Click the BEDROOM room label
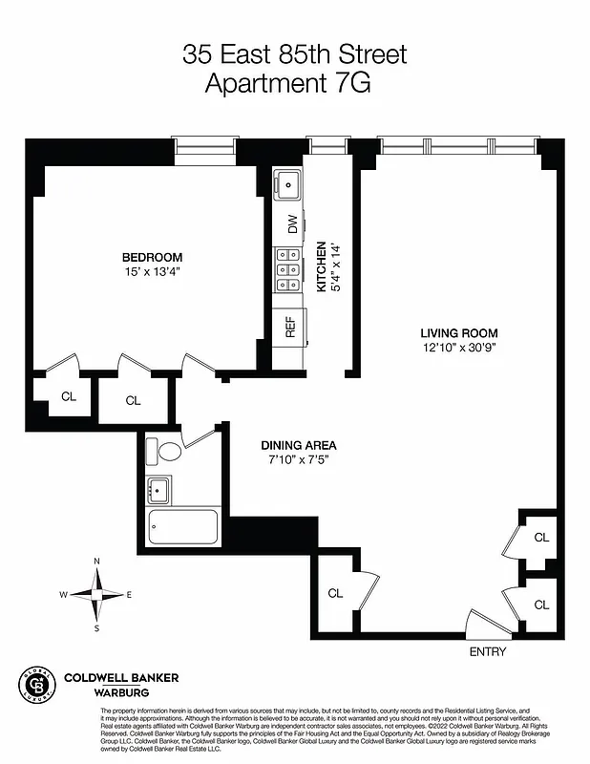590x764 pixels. point(152,257)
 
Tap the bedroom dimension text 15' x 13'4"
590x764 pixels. point(152,272)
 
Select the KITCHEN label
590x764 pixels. point(322,266)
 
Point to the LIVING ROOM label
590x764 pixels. point(459,333)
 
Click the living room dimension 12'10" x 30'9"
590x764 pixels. point(459,348)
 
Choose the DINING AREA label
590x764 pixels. point(299,446)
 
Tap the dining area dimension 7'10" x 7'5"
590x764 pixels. point(299,460)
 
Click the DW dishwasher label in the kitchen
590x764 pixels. point(290,224)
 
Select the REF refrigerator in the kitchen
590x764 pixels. point(290,328)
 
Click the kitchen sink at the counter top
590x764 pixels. point(287,181)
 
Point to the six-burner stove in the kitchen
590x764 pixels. point(287,269)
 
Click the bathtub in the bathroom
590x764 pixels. point(182,527)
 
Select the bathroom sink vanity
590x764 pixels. point(158,491)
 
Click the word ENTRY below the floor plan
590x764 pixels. point(487,652)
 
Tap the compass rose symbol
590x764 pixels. point(96,594)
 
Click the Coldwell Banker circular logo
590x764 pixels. point(35,685)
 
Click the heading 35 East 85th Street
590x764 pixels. point(294,54)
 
